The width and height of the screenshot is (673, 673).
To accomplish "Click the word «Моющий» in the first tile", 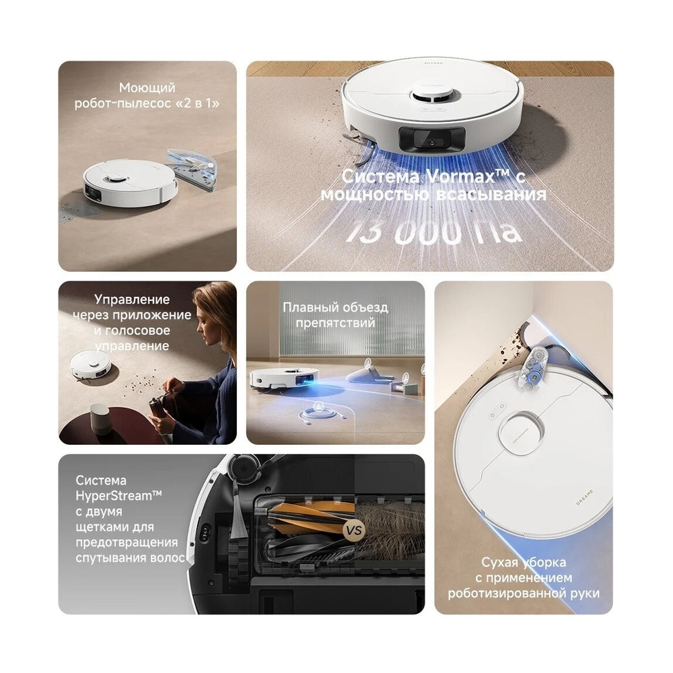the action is (147, 87).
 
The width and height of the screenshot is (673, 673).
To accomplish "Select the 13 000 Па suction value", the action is (434, 232).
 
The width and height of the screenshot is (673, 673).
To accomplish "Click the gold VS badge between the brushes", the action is (354, 530).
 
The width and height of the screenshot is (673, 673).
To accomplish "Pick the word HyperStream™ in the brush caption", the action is (118, 496).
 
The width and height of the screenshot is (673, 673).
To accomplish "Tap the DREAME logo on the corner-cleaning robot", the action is (585, 497).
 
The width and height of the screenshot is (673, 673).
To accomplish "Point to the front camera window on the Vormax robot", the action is (432, 139).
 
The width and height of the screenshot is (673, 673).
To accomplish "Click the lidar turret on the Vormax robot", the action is (433, 96).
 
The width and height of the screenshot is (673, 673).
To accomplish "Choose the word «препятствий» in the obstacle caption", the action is (335, 322).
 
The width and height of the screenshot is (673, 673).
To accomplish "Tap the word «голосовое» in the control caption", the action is (137, 330).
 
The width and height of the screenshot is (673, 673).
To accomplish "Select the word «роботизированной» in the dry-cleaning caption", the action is (507, 593).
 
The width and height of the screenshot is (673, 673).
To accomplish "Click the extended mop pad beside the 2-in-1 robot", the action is (192, 170).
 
